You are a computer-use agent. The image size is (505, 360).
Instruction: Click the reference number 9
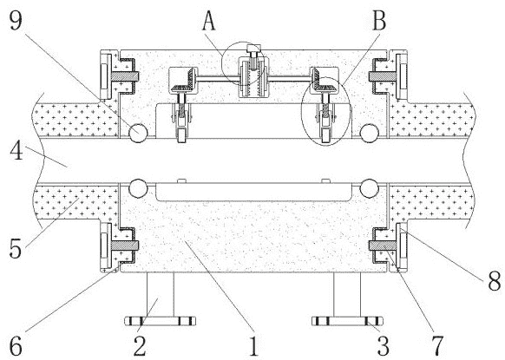(16, 21)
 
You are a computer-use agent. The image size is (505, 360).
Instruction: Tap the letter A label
(210, 21)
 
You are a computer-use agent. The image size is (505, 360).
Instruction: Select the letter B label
(379, 21)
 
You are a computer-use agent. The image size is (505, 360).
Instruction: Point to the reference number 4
(16, 152)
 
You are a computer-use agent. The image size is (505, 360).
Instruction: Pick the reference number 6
(16, 346)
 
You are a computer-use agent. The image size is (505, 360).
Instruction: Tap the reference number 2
(140, 346)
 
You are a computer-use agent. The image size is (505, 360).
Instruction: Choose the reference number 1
(254, 346)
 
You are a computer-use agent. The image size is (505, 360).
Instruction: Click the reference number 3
(384, 346)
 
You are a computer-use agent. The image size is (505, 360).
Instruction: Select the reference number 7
(437, 346)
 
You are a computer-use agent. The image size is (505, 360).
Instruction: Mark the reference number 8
(494, 281)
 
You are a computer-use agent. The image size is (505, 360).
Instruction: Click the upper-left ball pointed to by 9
(138, 133)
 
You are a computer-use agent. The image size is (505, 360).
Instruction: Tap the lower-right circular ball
(370, 188)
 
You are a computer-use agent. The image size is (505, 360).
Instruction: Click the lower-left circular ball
(138, 188)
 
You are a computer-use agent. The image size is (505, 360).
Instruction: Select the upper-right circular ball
(370, 133)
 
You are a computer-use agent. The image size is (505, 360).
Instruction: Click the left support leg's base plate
(160, 321)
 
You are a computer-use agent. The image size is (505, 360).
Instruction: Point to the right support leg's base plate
(347, 321)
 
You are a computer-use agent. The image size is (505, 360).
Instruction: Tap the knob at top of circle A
(253, 49)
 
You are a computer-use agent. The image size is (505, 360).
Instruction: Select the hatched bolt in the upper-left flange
(125, 76)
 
